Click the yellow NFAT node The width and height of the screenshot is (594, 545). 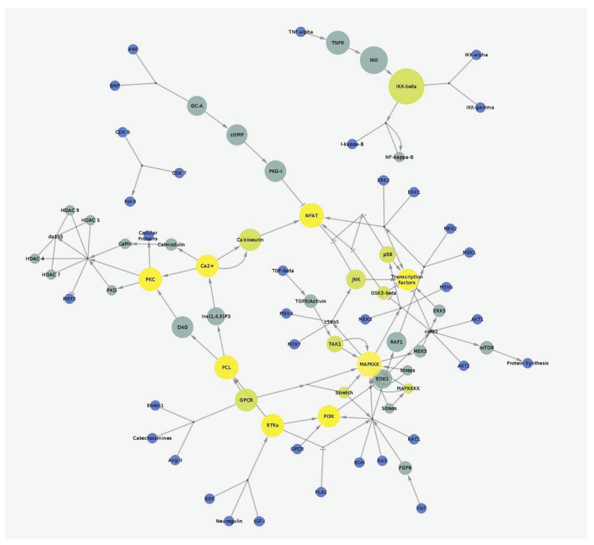pos(311,215)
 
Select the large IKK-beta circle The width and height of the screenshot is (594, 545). pos(406,87)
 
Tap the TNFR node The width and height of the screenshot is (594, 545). pos(338,43)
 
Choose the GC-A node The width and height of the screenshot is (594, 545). pos(196,106)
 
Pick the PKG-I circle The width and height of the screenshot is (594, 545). pos(276,172)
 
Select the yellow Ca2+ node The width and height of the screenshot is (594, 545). pos(207,266)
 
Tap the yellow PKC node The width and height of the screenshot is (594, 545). pos(150,280)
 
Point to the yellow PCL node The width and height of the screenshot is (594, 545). pos(226,367)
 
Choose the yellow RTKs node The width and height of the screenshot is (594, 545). pos(273,425)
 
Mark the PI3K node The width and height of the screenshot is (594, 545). pos(328,417)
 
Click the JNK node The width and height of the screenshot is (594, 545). pos(355,280)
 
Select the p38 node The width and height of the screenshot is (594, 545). pos(387,255)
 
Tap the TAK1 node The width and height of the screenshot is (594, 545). pos(334,344)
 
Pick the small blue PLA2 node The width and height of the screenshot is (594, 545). pos(321,492)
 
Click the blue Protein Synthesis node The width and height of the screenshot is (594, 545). pos(527,363)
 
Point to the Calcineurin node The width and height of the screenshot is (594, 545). pos(250,239)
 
